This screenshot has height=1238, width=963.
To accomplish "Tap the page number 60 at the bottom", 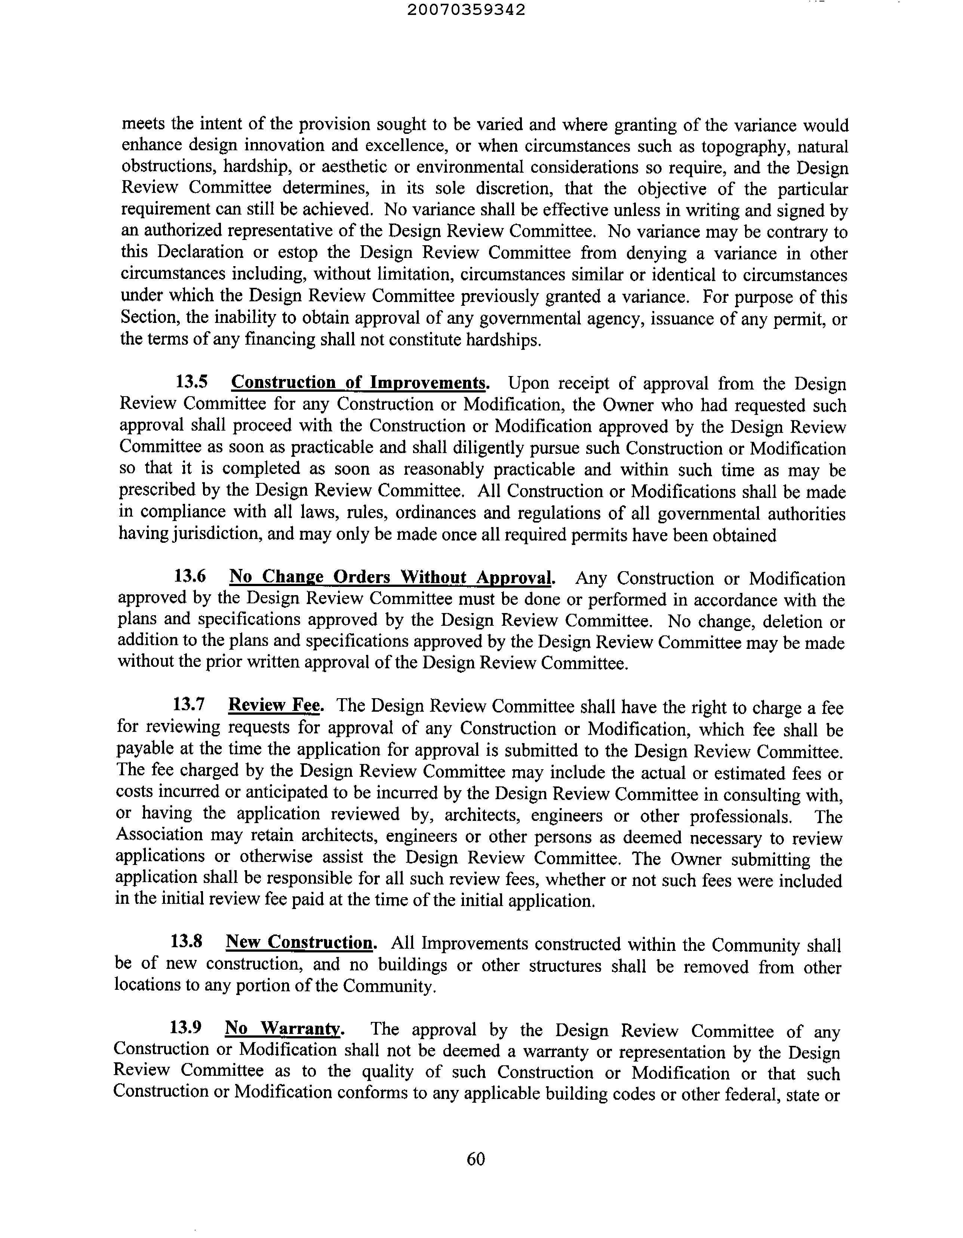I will (476, 1159).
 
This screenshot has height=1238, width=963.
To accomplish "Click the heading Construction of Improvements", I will (359, 383).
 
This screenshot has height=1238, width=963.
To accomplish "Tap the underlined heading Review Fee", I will (275, 706).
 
